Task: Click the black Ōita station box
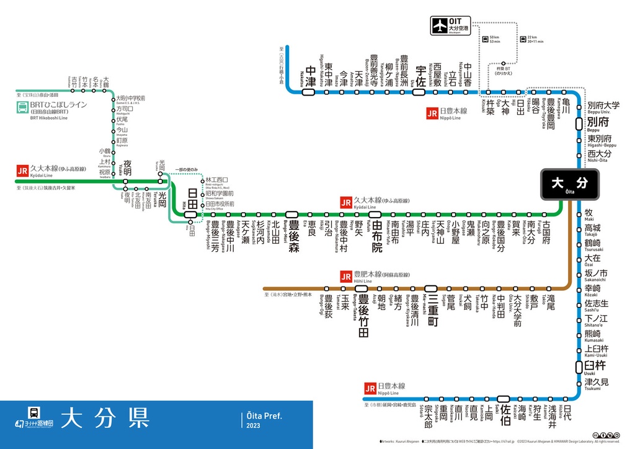(570, 184)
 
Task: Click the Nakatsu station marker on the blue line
(308, 92)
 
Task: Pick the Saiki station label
(505, 414)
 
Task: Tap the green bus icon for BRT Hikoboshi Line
(22, 108)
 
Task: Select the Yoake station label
(127, 168)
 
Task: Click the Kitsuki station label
(491, 110)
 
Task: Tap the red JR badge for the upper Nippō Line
(432, 113)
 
